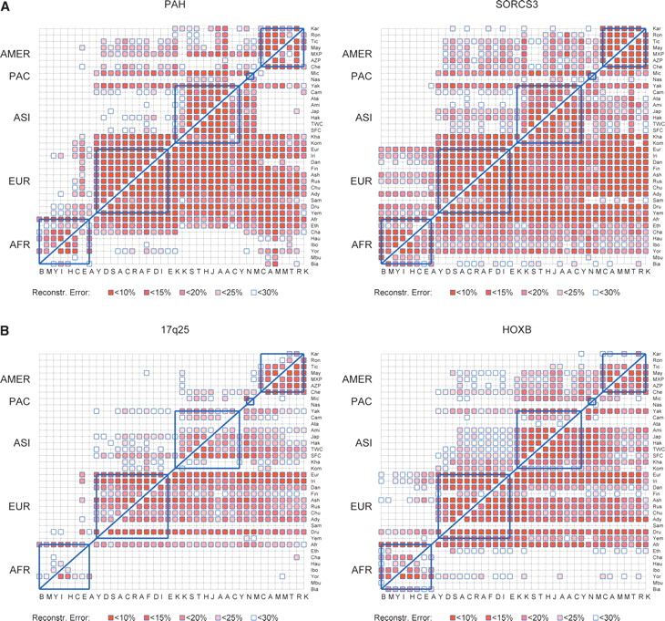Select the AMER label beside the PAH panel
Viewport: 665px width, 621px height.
(17, 54)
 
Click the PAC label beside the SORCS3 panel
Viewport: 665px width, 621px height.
(362, 77)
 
